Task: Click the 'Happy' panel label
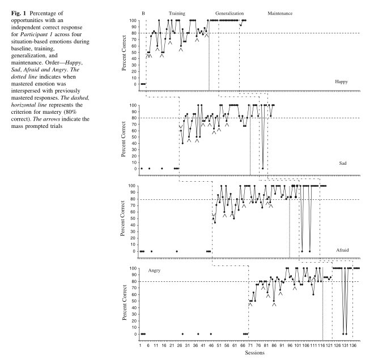(341, 82)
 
